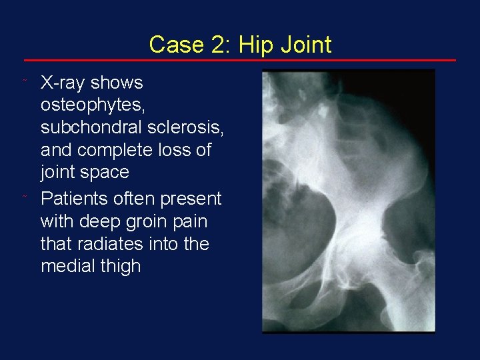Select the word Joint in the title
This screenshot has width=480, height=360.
pyautogui.click(x=303, y=45)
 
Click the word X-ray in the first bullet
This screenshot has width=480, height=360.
pyautogui.click(x=63, y=83)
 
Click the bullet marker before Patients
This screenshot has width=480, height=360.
pyautogui.click(x=25, y=197)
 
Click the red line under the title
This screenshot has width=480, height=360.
pyautogui.click(x=240, y=61)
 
